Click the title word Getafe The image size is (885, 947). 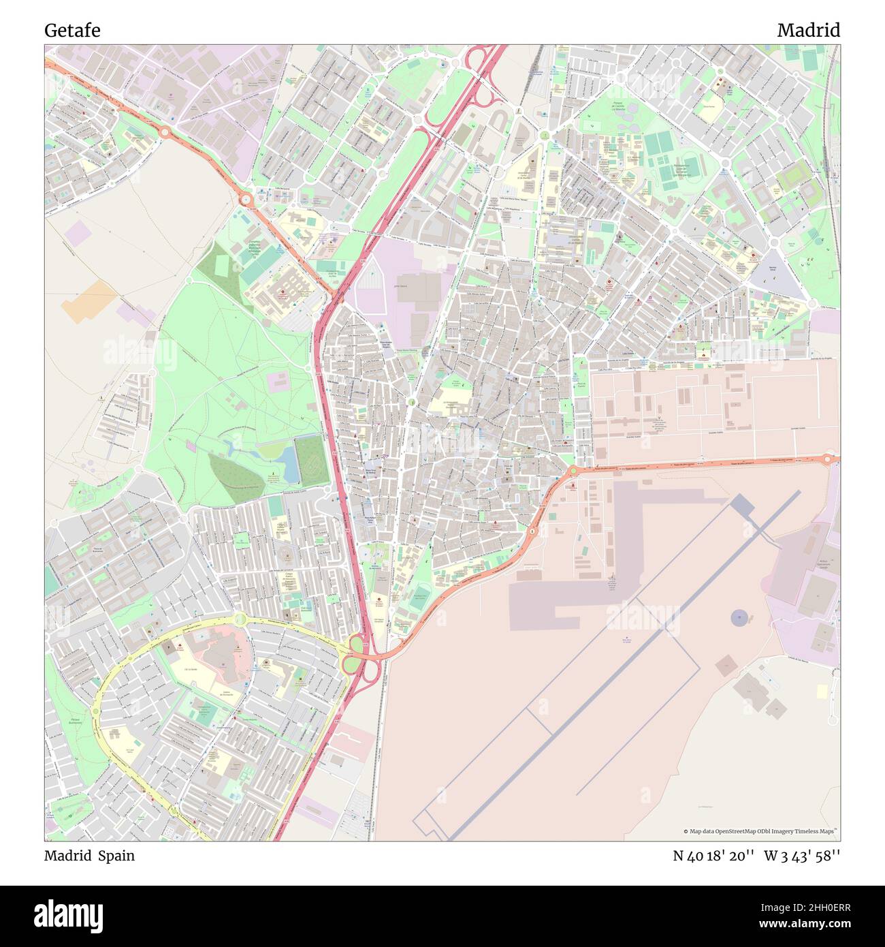coord(72,30)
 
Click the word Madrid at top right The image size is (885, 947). coord(808,30)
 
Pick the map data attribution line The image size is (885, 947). coord(760,831)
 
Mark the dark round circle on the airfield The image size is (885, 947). coord(739,618)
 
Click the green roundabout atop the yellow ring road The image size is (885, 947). coord(240,619)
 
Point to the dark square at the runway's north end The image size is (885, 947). coord(743,506)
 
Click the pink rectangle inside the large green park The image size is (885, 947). coord(278,382)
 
